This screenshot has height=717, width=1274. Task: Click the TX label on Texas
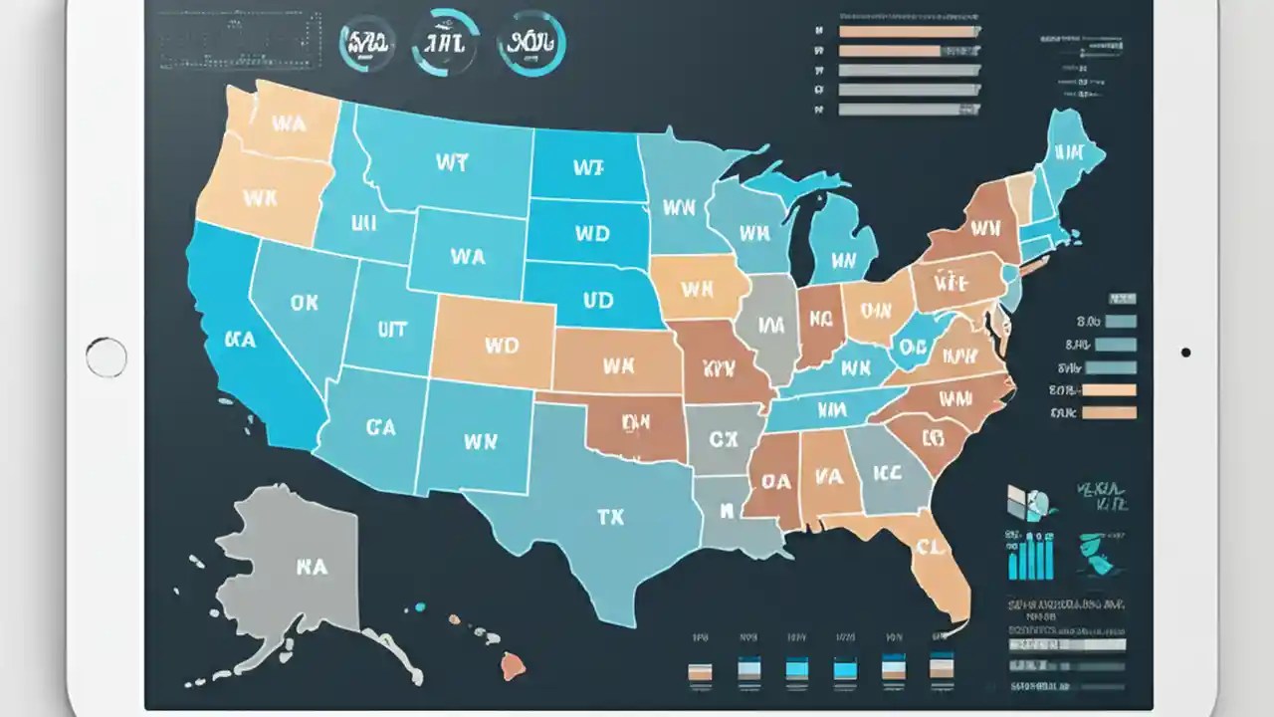pyautogui.click(x=610, y=518)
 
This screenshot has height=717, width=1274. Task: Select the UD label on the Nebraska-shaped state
pyautogui.click(x=598, y=298)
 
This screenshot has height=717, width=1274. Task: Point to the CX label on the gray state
pyautogui.click(x=724, y=439)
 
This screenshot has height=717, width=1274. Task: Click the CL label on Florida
pyautogui.click(x=930, y=547)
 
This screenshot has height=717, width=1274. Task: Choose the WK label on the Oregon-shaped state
pyautogui.click(x=260, y=198)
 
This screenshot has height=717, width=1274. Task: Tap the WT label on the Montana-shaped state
pyautogui.click(x=451, y=162)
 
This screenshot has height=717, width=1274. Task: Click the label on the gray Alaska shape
pyautogui.click(x=312, y=567)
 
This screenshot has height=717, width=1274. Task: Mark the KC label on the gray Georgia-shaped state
pyautogui.click(x=887, y=471)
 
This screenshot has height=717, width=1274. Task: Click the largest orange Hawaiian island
pyautogui.click(x=513, y=665)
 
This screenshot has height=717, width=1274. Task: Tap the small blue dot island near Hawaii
pyautogui.click(x=419, y=606)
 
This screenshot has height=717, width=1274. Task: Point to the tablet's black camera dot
pyautogui.click(x=1184, y=352)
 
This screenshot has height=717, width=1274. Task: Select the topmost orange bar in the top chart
pyautogui.click(x=908, y=32)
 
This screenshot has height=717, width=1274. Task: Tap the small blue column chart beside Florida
pyautogui.click(x=1030, y=555)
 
